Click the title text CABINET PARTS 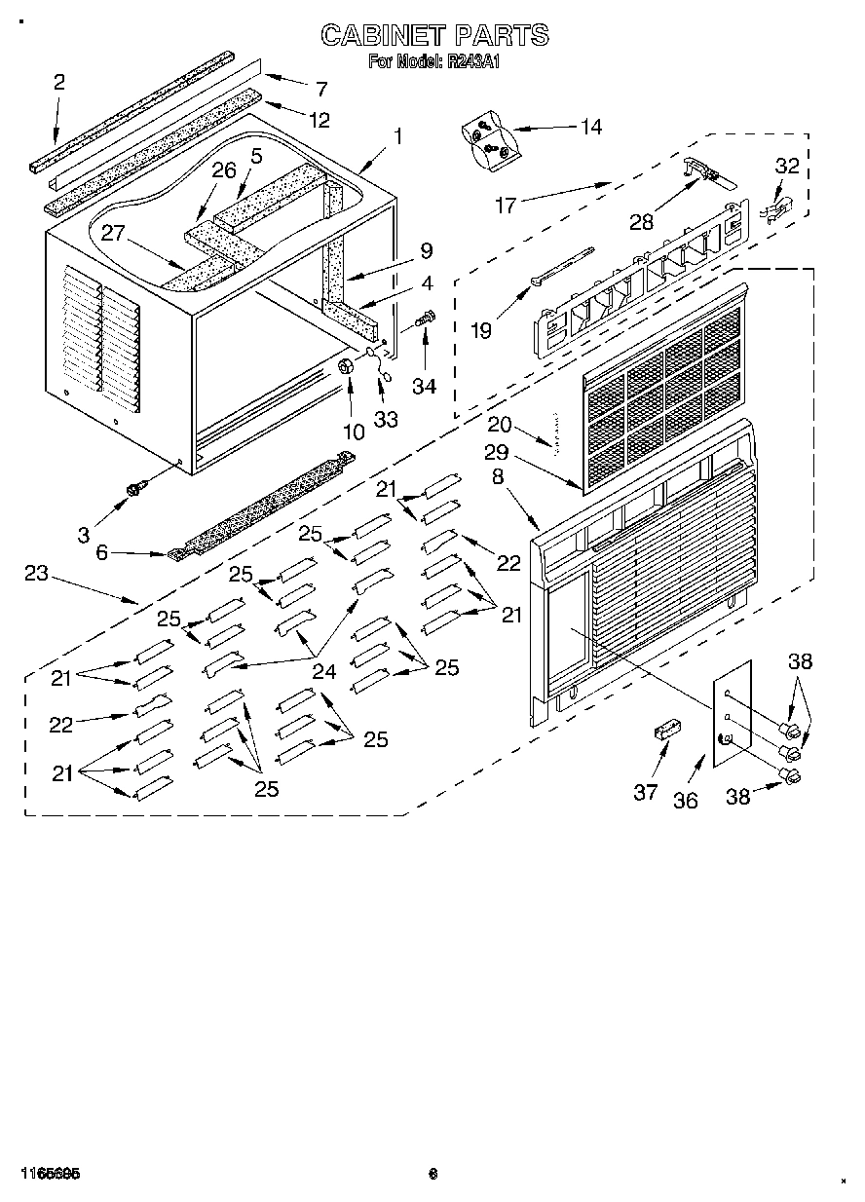click(x=434, y=36)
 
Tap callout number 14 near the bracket click(x=589, y=127)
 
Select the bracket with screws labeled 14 click(x=486, y=142)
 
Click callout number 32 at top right click(x=786, y=166)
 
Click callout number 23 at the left click(x=36, y=574)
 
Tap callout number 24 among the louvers click(x=323, y=671)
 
